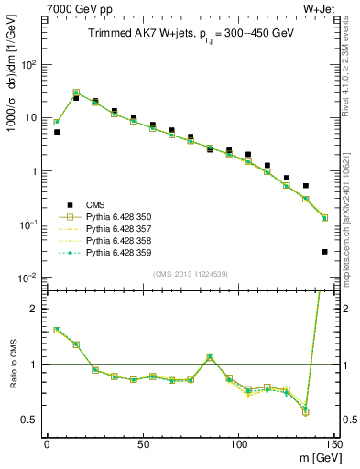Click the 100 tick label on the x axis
click(x=238, y=443)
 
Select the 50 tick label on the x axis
click(x=142, y=443)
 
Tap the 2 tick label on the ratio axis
click(x=36, y=309)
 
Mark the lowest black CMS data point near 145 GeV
click(x=325, y=251)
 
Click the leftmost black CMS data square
click(x=57, y=132)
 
